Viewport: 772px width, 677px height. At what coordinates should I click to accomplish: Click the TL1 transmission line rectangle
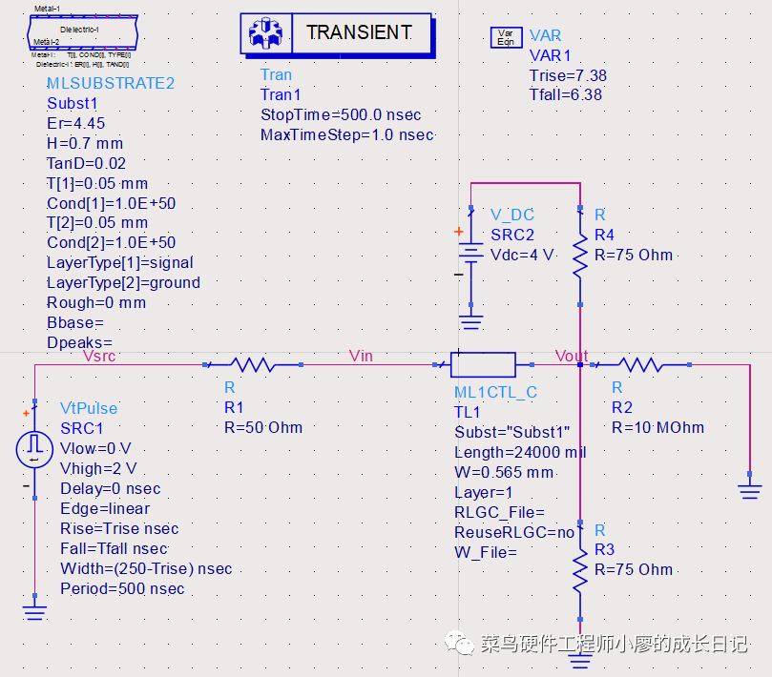click(x=483, y=364)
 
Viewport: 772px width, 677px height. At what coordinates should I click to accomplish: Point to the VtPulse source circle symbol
click(x=34, y=448)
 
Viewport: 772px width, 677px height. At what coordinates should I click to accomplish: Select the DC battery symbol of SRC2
click(x=469, y=255)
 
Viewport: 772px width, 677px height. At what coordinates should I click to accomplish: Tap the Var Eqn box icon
click(x=505, y=37)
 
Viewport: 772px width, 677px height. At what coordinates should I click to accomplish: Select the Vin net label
click(x=362, y=356)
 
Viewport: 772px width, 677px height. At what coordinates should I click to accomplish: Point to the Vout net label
click(x=572, y=356)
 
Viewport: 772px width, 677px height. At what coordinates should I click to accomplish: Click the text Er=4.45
click(x=76, y=123)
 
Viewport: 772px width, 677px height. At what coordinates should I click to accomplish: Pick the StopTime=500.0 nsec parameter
click(x=341, y=114)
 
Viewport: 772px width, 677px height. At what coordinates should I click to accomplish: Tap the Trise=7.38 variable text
click(x=568, y=75)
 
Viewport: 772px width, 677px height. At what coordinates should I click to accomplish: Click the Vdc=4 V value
click(x=522, y=255)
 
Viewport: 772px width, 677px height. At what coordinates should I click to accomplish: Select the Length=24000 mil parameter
click(x=520, y=452)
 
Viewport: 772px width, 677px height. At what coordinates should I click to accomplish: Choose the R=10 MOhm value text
click(x=657, y=427)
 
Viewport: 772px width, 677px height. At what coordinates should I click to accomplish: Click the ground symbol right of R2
click(x=750, y=489)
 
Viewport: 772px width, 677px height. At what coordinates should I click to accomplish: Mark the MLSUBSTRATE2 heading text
click(x=111, y=83)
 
